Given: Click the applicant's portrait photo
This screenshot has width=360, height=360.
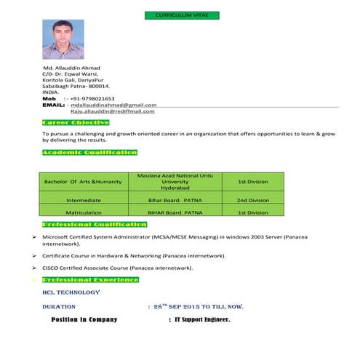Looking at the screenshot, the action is (63, 39).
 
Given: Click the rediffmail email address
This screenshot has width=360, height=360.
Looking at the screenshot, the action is (112, 111).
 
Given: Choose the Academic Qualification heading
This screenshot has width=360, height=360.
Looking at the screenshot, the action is (89, 153).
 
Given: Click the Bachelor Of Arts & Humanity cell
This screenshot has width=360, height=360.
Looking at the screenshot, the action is (83, 181).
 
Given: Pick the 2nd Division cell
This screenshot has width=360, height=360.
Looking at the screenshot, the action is (253, 200).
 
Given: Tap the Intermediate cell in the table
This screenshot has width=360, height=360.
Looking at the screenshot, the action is (83, 200).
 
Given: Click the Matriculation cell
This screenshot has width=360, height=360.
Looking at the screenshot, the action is (83, 213).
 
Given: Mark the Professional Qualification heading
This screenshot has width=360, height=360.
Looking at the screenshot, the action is (95, 225).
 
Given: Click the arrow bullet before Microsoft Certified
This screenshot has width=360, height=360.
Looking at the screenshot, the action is (35, 237).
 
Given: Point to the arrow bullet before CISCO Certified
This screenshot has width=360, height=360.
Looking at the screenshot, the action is (35, 268).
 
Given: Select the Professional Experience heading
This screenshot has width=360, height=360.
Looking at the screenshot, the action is (91, 279).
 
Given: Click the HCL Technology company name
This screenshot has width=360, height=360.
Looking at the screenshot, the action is (71, 292).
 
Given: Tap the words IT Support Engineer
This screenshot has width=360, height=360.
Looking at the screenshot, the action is (203, 319).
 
